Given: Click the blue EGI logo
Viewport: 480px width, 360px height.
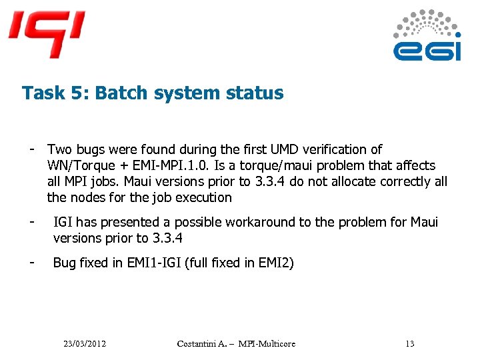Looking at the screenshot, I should (427, 37).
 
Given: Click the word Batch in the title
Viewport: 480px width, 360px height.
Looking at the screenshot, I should (118, 93).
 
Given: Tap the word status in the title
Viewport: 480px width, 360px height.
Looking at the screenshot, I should (256, 93).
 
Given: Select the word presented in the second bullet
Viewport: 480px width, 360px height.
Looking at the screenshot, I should (131, 222).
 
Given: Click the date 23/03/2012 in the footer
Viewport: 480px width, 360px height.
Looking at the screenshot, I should (85, 344).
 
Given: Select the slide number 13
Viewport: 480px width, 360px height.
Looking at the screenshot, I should (409, 344).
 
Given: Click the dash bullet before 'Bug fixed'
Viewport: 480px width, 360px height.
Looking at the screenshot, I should (31, 261).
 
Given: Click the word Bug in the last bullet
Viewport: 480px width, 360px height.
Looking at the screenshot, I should (65, 263).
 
